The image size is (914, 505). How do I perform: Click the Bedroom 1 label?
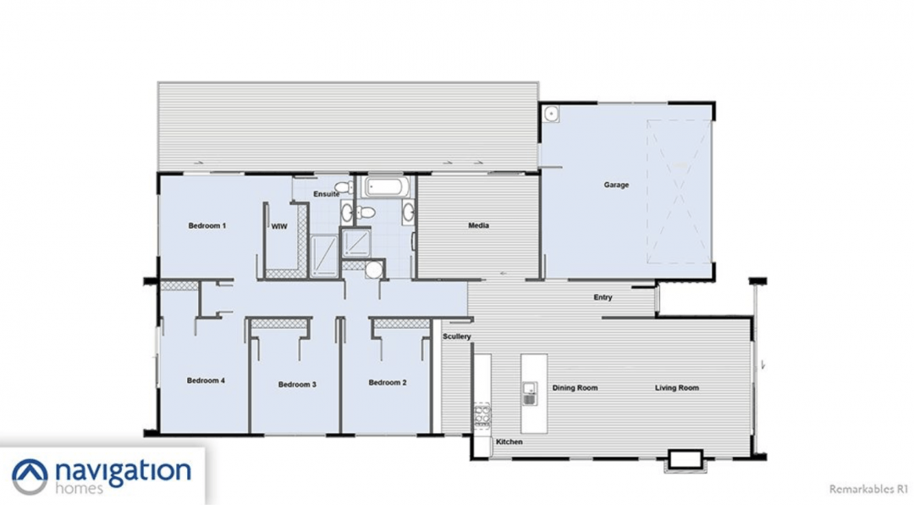coord(207,225)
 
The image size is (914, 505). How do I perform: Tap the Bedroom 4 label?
coord(206,380)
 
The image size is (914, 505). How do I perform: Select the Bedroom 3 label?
coord(297,384)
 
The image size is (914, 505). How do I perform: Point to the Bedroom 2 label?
coord(388,382)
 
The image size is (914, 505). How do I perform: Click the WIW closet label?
coord(279,226)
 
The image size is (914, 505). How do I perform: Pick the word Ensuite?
coord(327,194)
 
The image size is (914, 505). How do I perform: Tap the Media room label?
coord(478,225)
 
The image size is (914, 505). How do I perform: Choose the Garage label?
coord(616,185)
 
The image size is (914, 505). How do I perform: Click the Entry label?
coord(603,297)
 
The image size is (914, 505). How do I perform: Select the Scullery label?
coord(457,336)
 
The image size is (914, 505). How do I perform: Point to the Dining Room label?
coord(575,388)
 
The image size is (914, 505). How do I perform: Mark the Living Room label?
coord(677,388)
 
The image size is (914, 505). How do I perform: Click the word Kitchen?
coord(509,442)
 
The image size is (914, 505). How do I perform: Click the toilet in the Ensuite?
coord(344,187)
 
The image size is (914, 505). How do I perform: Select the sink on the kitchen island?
coord(529,393)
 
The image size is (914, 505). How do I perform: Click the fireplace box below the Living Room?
coord(685,460)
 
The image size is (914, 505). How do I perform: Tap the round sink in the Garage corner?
coord(551,114)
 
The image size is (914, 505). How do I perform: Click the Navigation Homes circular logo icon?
coord(30,476)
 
